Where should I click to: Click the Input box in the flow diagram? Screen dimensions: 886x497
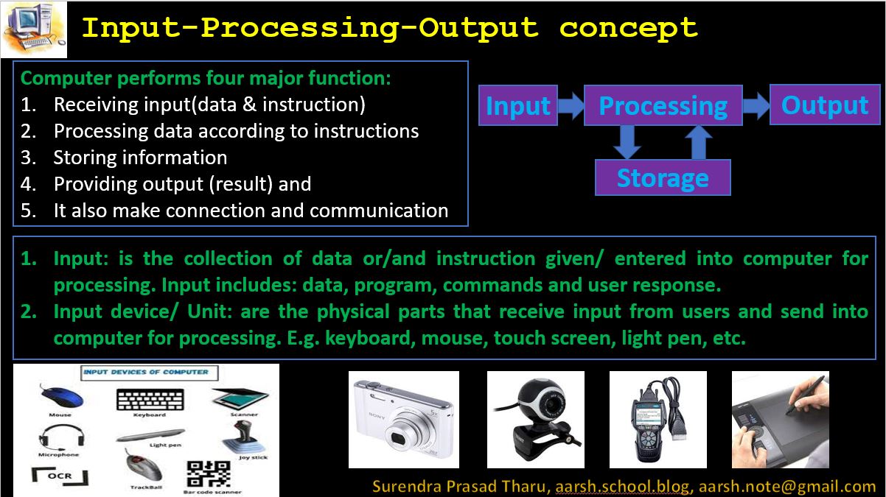click(517, 105)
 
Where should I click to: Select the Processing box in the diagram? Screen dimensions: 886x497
click(663, 105)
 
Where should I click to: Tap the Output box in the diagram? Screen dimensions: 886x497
click(825, 105)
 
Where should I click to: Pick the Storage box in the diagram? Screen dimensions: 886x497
click(663, 177)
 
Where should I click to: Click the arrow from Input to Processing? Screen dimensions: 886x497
click(570, 105)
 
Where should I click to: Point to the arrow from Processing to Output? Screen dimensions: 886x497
click(756, 105)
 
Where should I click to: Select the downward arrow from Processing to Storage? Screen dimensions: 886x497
click(627, 142)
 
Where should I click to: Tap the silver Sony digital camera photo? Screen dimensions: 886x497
click(404, 420)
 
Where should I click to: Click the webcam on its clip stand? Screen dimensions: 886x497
click(535, 420)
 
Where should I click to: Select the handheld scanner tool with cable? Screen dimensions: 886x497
click(657, 420)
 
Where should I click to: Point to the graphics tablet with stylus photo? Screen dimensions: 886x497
click(780, 420)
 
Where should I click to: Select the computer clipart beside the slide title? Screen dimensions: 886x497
click(34, 29)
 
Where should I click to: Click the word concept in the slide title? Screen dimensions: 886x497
click(628, 28)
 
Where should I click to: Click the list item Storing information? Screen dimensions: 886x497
click(140, 158)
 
